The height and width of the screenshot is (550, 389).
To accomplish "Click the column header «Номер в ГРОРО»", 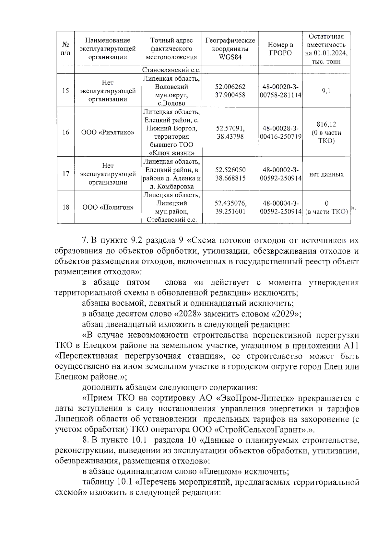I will [280, 49].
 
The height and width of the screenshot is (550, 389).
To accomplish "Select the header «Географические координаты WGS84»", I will [230, 49].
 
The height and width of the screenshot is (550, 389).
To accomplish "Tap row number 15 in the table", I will [65, 91].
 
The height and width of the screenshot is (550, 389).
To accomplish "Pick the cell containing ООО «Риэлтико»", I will [108, 132].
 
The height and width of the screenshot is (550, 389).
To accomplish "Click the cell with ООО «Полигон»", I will [108, 207].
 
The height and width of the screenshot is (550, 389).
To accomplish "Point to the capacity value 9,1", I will [326, 91].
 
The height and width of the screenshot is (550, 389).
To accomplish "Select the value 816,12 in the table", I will [326, 124].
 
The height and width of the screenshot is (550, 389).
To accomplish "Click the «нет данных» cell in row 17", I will [326, 174].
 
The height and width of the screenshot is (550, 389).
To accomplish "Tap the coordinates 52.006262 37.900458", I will [230, 91].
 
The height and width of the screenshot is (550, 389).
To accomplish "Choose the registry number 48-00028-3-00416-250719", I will [280, 132].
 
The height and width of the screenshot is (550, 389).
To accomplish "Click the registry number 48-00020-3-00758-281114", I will [280, 91].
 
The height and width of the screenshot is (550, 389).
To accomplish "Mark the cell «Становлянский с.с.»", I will [171, 70].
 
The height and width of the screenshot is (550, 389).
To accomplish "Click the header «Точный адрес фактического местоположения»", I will [171, 49].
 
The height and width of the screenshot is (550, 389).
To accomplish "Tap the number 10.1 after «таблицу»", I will [124, 482].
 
